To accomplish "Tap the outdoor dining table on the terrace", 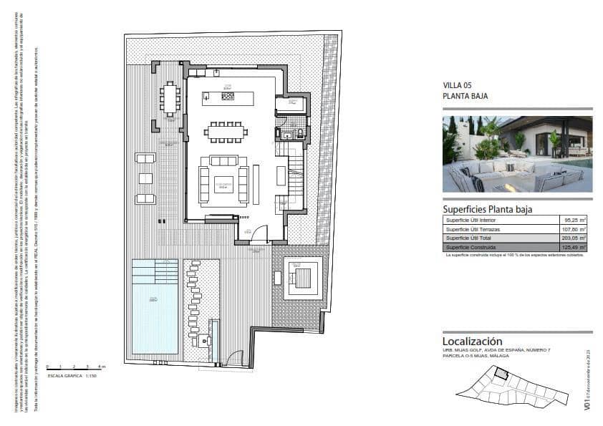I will pos(170,98).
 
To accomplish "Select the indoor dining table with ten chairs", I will pos(225,132).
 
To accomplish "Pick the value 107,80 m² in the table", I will pos(573,228).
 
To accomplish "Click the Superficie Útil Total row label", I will pos(473,238).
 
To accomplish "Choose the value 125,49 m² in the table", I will pos(573,247).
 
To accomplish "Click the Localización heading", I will pos(472,342).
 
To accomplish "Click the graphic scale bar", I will pos(74,368).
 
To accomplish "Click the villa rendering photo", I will pos(517,154).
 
